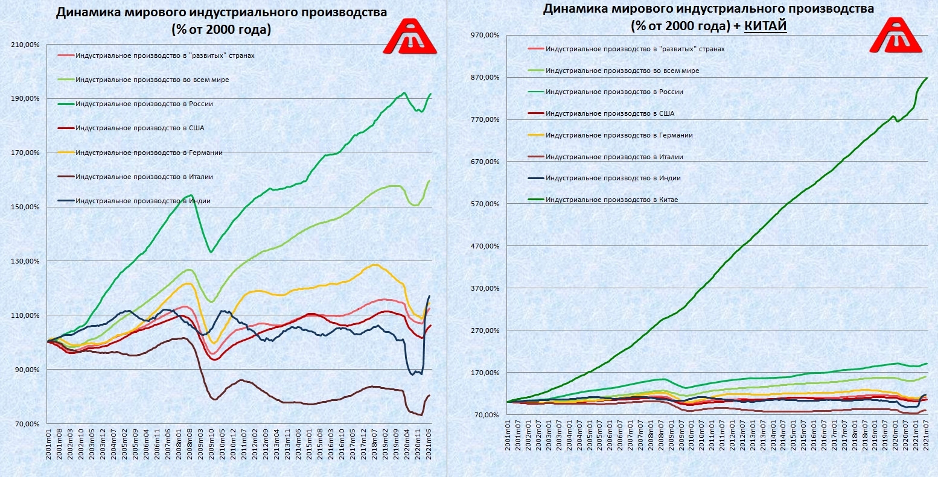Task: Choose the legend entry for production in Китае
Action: pyautogui.click(x=611, y=200)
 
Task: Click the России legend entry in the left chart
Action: pyautogui.click(x=144, y=104)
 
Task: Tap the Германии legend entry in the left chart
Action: pyautogui.click(x=148, y=153)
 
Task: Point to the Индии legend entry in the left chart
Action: pyautogui.click(x=142, y=201)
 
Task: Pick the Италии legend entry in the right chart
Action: pyautogui.click(x=614, y=157)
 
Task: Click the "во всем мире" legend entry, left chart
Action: pyautogui.click(x=152, y=80)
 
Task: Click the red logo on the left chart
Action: pyautogui.click(x=410, y=38)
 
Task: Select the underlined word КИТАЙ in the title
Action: pyautogui.click(x=765, y=27)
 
